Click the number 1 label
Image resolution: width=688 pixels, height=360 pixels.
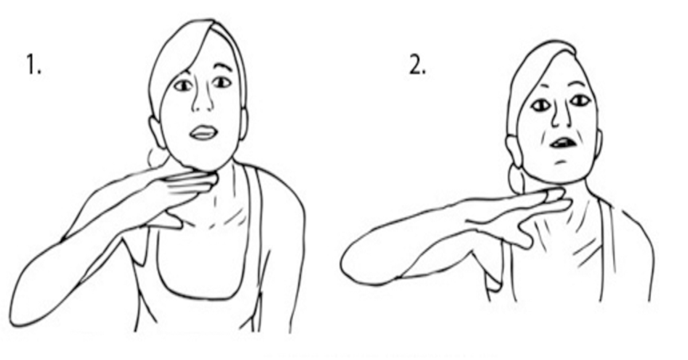[33, 65]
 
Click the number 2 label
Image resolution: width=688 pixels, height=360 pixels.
[418, 65]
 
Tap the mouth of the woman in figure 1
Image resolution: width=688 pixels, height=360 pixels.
[204, 132]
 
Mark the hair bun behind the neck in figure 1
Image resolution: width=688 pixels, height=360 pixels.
[157, 156]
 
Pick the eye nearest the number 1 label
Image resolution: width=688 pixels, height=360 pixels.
[183, 85]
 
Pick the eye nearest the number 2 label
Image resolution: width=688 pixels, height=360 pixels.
[541, 106]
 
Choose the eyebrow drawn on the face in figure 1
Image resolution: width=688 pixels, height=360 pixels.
[224, 67]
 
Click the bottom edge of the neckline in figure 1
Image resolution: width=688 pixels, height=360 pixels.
[203, 298]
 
